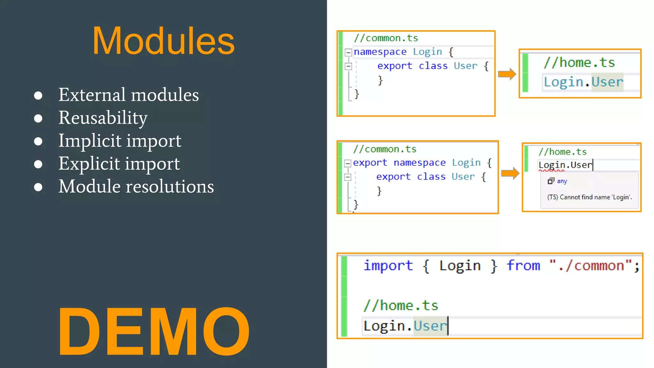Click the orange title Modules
[163, 41]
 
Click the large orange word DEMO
[154, 332]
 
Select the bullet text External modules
[128, 95]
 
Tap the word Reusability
[103, 118]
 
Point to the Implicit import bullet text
[120, 141]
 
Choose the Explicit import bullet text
[119, 164]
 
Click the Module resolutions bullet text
[136, 187]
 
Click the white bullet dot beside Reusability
[38, 119]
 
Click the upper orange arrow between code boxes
[507, 74]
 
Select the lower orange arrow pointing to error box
[510, 173]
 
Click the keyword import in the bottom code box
[388, 266]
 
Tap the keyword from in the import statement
[523, 266]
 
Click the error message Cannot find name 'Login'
[589, 197]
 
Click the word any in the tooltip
[562, 181]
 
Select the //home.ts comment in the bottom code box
[401, 306]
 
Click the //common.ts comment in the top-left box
[386, 38]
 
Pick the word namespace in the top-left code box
[380, 52]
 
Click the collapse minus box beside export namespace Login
[347, 163]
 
